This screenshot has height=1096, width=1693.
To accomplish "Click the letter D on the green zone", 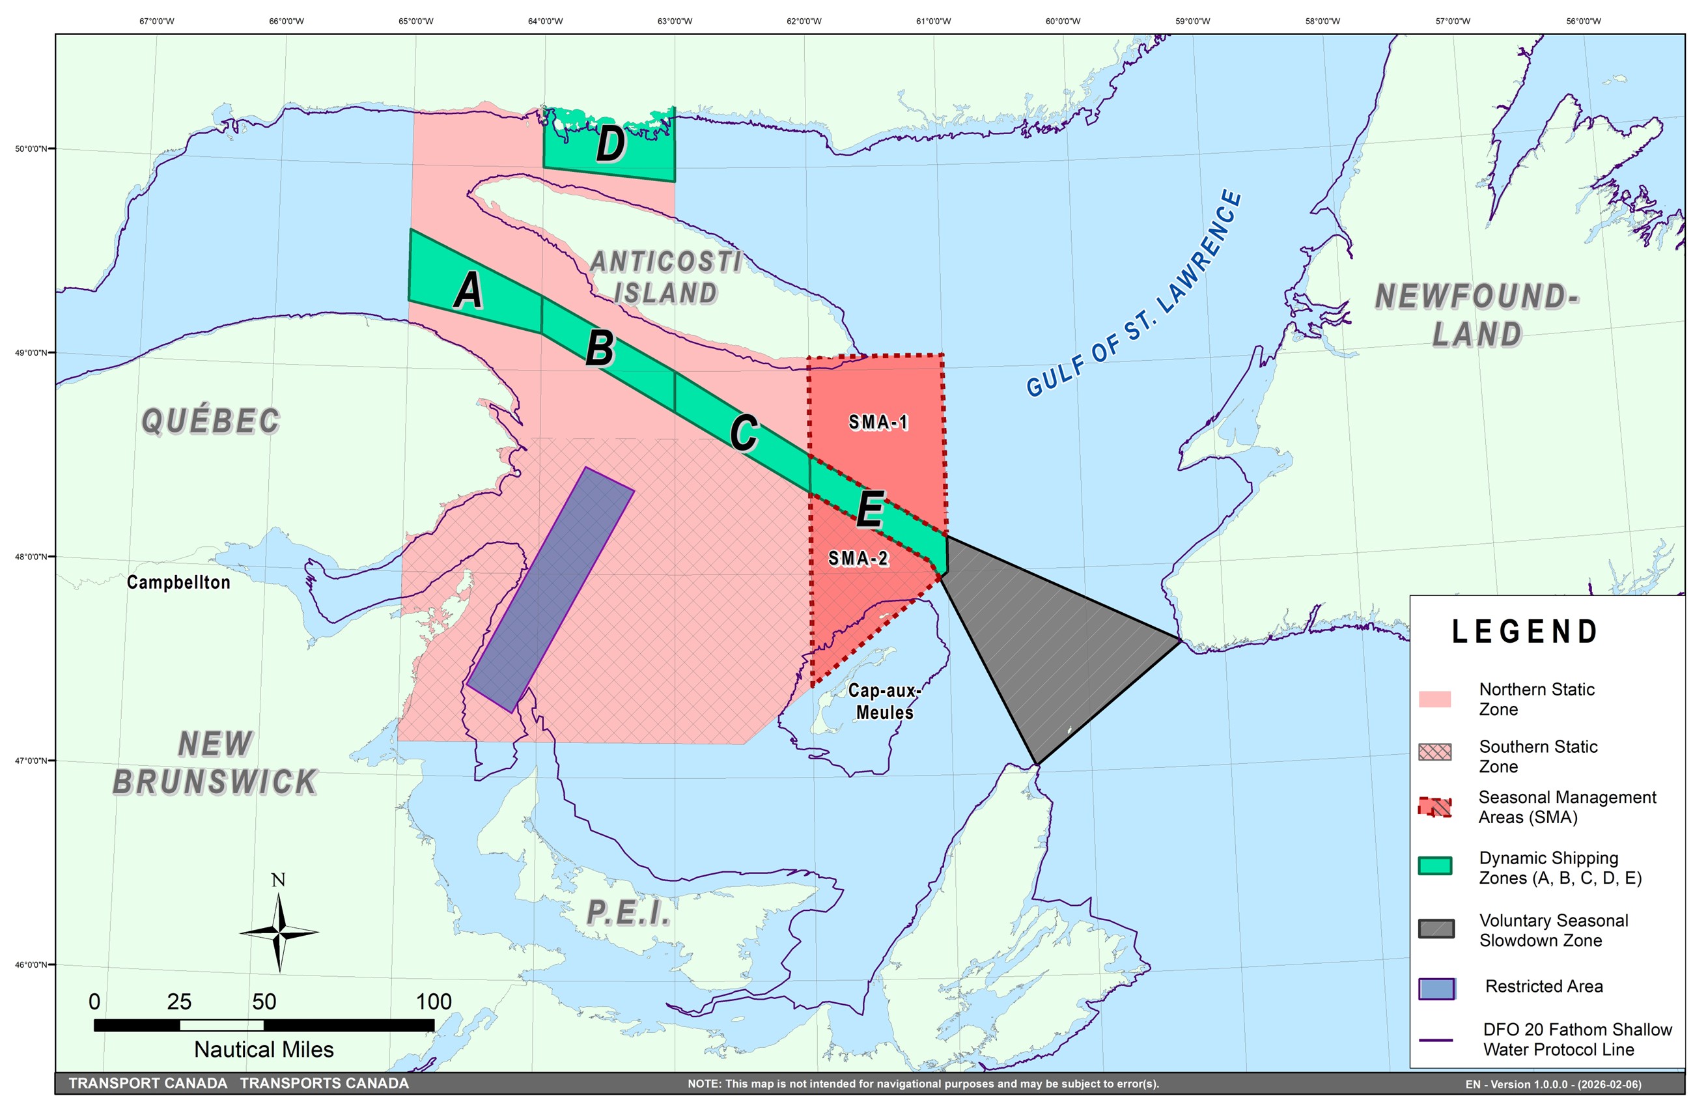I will tap(610, 144).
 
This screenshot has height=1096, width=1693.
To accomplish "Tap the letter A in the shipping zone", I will tap(469, 290).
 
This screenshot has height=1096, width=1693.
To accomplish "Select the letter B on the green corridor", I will tap(600, 348).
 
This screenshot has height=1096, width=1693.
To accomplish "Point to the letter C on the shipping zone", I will tap(744, 432).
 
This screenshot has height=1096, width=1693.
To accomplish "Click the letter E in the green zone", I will tap(870, 509).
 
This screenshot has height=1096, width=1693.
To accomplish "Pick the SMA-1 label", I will tap(878, 423).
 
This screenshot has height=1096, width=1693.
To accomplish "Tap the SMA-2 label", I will tap(858, 559).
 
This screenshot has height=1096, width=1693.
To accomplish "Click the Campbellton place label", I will tap(178, 582).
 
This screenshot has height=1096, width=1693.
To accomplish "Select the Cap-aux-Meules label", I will tap(884, 701).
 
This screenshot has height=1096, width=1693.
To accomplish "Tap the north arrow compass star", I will tap(279, 933).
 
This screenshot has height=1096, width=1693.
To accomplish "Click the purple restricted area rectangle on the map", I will tap(550, 589).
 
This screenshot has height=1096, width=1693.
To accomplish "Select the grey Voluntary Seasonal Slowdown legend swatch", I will tap(1436, 929).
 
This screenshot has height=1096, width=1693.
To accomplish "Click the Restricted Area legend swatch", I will tap(1436, 989).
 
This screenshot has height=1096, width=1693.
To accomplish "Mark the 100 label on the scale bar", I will tap(433, 1002).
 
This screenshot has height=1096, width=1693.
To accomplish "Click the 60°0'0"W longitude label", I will tap(1063, 21).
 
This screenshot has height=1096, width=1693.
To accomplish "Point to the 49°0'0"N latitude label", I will tap(31, 353).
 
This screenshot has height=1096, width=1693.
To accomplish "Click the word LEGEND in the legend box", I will tap(1525, 632).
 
